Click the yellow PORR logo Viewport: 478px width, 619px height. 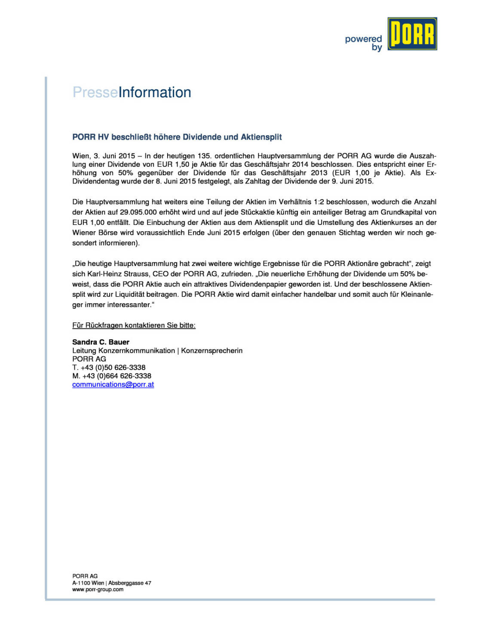[x=412, y=34]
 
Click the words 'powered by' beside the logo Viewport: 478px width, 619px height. [x=364, y=43]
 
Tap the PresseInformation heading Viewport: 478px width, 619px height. [x=132, y=92]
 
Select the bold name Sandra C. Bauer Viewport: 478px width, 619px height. [x=101, y=342]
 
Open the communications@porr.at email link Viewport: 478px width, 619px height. [x=113, y=385]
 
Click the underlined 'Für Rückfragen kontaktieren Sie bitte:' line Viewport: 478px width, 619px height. [x=134, y=325]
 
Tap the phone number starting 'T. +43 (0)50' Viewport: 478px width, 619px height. [x=109, y=368]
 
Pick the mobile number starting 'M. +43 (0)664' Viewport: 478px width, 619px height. [x=112, y=376]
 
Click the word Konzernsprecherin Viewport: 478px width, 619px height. [x=211, y=351]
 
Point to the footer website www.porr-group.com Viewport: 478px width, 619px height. [x=98, y=590]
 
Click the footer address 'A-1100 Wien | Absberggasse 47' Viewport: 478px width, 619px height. [x=111, y=583]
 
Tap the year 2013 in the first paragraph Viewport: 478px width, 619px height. [x=319, y=173]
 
